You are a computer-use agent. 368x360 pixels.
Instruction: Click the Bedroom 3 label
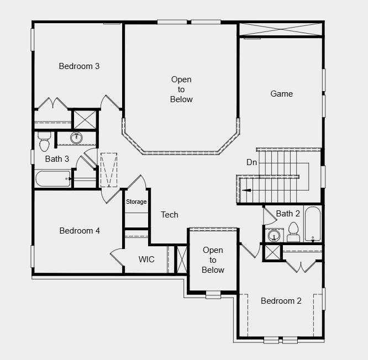pos(79,66)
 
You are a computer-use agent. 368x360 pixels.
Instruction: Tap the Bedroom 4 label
pos(80,231)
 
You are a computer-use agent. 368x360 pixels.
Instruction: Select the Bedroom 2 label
pos(281,301)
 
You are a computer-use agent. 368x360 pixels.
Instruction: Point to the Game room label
pos(281,94)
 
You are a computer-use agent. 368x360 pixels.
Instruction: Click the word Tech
pos(170,215)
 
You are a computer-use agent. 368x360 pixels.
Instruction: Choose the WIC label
pos(146,260)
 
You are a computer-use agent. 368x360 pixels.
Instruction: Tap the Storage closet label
pos(136,202)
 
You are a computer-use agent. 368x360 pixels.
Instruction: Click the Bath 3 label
pos(57,159)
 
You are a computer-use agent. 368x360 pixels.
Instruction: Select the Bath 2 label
pos(288,214)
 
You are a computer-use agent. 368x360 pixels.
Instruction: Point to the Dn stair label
pos(251,162)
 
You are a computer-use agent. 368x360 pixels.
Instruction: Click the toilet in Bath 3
pos(44,142)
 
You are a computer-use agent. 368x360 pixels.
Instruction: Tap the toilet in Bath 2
pos(293,233)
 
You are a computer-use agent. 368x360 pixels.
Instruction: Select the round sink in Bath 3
pos(76,138)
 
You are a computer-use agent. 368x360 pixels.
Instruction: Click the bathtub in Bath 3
pos(53,179)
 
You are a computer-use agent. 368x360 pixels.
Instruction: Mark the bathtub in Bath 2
pos(312,224)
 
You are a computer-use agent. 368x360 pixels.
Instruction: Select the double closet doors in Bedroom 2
pos(301,266)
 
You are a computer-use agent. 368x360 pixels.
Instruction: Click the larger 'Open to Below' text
pos(181,89)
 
